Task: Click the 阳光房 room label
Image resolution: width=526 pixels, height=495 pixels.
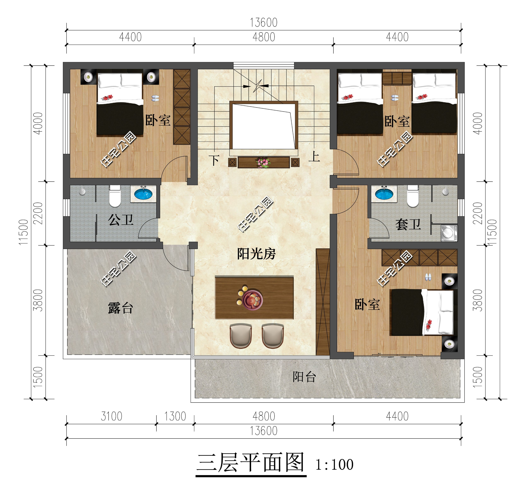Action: (256, 254)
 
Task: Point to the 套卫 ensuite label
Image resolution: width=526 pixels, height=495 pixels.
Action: (408, 225)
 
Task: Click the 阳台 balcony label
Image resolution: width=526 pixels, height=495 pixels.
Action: (304, 377)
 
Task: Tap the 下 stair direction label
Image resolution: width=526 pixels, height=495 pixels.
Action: (214, 160)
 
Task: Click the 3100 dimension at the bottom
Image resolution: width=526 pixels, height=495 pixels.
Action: (111, 416)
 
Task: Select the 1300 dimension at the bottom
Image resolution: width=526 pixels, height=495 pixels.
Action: (175, 416)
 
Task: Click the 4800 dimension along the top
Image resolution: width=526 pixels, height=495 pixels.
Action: (264, 37)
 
